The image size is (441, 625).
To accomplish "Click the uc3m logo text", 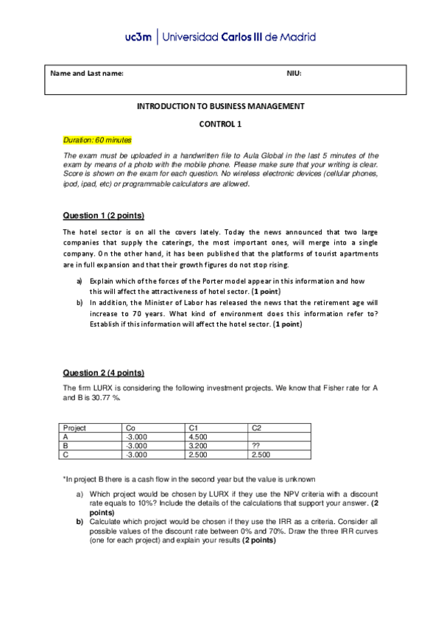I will pos(138,37).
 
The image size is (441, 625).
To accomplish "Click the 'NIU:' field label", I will pos(294,73).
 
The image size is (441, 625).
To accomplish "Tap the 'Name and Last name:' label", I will pos(87,73).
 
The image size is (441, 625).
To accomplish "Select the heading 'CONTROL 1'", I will pos(220,124).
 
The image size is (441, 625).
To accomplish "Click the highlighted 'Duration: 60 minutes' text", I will pos(96,139).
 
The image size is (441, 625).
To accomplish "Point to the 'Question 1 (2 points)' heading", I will pos(103,215).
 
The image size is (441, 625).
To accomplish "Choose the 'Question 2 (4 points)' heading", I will pos(103,372).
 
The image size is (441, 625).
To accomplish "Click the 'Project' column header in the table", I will pos(75,427).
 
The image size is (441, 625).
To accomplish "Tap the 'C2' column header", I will pos(256,427).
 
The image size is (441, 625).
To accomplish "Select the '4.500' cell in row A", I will pos(198,436).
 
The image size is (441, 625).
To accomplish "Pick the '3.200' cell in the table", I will pos(198,445).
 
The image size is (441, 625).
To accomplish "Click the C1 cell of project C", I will pos(198,455).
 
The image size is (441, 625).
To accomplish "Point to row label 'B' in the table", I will pos(66,445).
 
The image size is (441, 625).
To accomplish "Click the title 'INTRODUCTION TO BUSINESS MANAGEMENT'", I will pos(220,106).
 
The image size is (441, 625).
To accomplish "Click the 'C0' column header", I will pos(131,427).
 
